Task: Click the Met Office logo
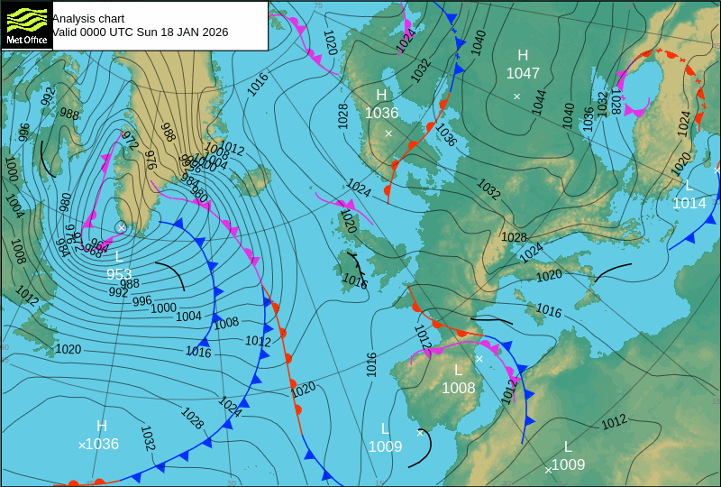(25, 24)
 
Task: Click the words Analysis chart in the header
(87, 18)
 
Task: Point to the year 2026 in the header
(213, 32)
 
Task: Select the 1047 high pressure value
(523, 73)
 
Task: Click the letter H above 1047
(523, 56)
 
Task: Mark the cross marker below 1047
(516, 96)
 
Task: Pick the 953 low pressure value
(119, 274)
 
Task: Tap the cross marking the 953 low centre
(121, 227)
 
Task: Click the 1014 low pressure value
(689, 203)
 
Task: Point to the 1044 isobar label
(538, 101)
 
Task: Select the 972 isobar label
(130, 141)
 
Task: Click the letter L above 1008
(458, 371)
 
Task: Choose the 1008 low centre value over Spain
(458, 388)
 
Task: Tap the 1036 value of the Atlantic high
(102, 444)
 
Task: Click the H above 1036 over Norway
(381, 96)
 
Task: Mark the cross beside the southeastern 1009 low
(548, 470)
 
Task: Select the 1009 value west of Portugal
(385, 446)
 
